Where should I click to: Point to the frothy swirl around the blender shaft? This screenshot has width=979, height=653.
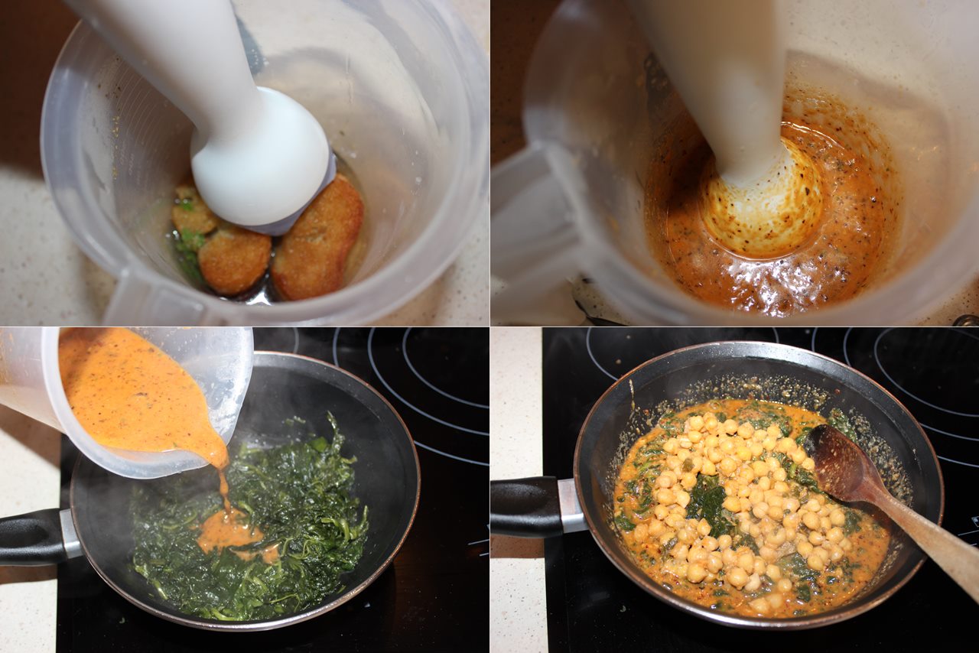pyautogui.click(x=761, y=203)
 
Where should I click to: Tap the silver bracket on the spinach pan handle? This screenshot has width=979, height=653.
pyautogui.click(x=70, y=534)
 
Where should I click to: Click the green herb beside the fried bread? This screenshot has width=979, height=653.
pyautogui.click(x=187, y=245)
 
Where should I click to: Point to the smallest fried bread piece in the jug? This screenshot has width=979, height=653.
pyautogui.click(x=193, y=210)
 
